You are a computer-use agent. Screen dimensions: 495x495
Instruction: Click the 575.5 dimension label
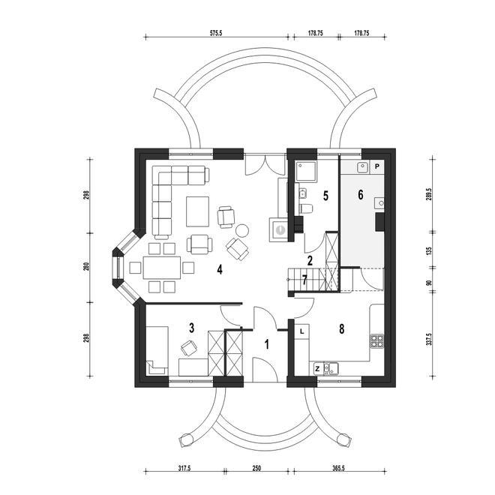coord(216,33)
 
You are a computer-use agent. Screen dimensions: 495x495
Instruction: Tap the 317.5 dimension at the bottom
coord(184,468)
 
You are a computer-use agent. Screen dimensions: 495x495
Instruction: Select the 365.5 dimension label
coord(337,468)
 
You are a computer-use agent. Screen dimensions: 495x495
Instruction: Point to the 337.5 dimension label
coord(429,339)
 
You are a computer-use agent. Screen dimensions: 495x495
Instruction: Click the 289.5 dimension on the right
coord(429,196)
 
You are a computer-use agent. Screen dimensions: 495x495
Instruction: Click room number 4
coord(220,269)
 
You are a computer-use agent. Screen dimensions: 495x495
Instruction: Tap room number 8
coord(341,329)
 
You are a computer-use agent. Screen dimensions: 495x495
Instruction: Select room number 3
coord(191,328)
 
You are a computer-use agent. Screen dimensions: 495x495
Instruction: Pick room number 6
coord(361,195)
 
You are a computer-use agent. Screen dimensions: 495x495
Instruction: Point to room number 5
coord(325,196)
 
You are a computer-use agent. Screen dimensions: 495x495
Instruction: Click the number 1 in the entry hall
coord(267,344)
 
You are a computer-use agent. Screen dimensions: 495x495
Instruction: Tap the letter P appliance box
coord(377,166)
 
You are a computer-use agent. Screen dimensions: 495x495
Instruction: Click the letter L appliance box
coord(302,331)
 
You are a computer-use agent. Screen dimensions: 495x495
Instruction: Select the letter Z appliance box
coord(317,368)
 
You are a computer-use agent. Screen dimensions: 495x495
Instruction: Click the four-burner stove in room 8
coord(377,341)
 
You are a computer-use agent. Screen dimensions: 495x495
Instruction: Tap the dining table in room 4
coord(162,268)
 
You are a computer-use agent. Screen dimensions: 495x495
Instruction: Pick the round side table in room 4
coord(242,230)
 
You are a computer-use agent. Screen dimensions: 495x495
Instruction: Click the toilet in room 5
coord(305,208)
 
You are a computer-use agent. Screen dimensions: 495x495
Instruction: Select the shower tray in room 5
coord(305,172)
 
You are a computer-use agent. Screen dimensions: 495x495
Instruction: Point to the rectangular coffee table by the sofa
coord(197,211)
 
